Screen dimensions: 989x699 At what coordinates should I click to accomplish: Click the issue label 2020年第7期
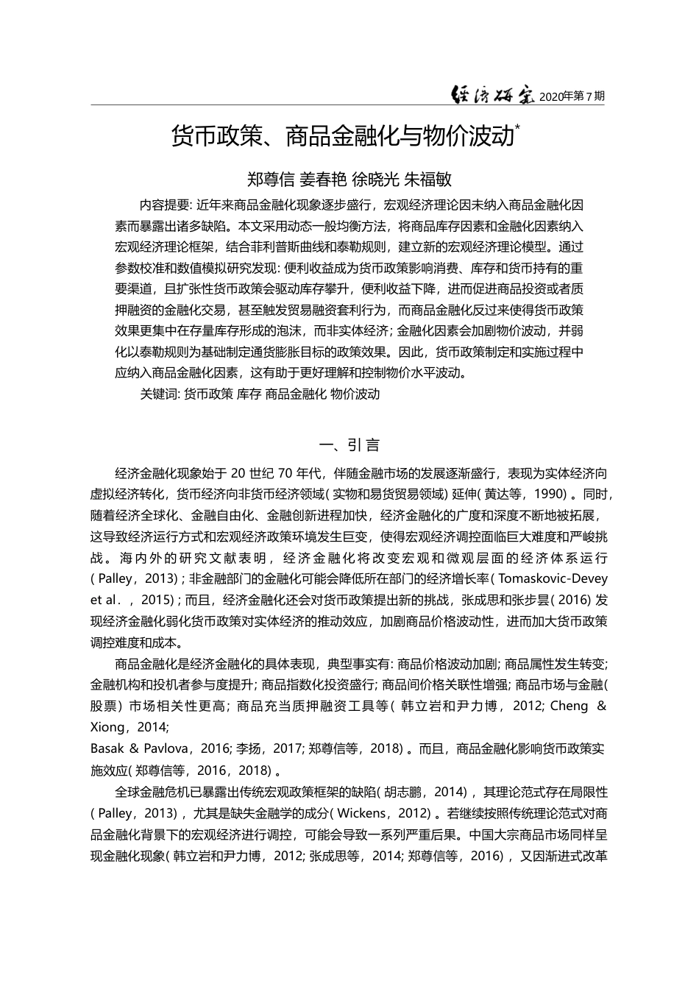[572, 96]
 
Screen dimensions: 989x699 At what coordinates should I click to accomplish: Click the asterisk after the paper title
[517, 127]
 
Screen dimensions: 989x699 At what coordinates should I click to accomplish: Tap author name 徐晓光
[376, 179]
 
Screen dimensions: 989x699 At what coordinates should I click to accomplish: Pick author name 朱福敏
[428, 179]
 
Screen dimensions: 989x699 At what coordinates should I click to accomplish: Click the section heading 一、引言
[349, 444]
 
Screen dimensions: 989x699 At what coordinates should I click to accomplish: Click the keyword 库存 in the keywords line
[248, 394]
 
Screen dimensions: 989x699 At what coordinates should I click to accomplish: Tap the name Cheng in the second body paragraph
[570, 706]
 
